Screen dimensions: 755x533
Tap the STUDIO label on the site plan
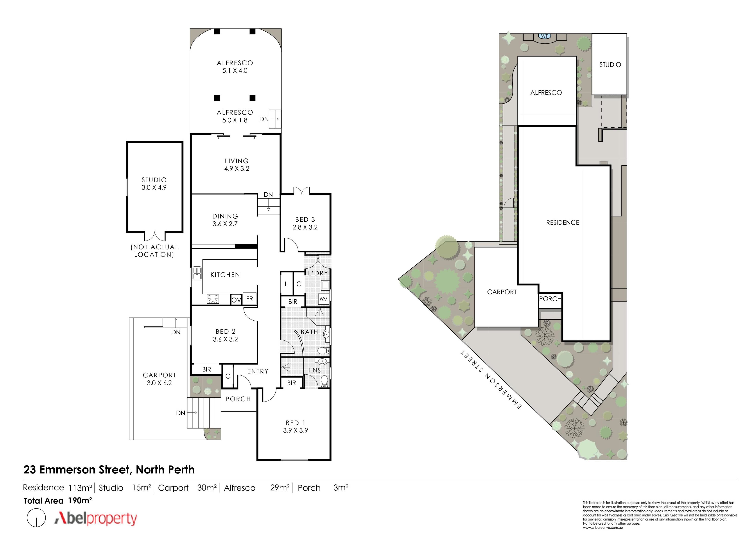[x=610, y=65]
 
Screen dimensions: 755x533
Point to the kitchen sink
[x=197, y=273]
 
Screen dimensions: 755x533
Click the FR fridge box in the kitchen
[x=250, y=299]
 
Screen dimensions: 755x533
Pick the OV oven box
[x=236, y=300]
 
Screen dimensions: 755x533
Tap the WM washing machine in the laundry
[x=324, y=299]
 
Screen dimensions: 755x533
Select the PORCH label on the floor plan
[x=238, y=399]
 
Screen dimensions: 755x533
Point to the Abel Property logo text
[x=96, y=518]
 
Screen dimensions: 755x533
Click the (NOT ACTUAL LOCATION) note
[x=154, y=251]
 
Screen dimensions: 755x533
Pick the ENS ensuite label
[x=314, y=370]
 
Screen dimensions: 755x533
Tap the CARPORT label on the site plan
[x=502, y=292]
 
